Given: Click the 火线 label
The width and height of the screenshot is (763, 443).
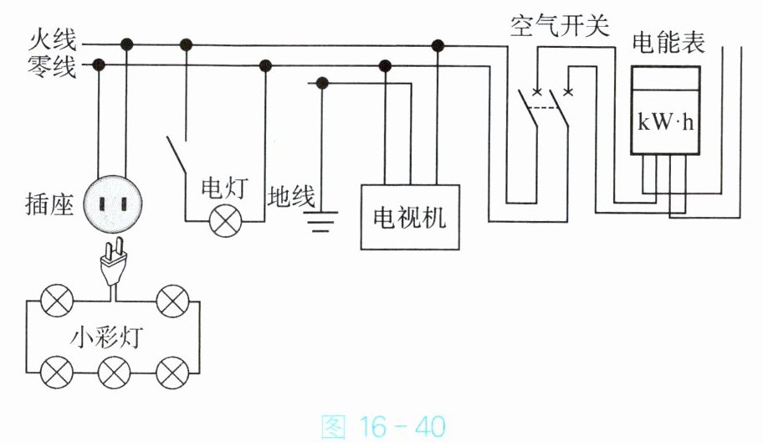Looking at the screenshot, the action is point(53,40).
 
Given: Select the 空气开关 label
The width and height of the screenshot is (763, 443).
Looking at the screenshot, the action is point(560,25).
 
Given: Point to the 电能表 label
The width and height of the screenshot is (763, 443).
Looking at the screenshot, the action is point(668,43).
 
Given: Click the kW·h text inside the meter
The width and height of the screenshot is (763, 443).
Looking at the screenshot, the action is point(665,122).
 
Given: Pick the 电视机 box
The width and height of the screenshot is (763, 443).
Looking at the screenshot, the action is point(410,217).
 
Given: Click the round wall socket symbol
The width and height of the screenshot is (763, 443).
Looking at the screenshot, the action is point(113,204).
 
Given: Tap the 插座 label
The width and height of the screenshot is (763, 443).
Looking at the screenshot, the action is point(49,204).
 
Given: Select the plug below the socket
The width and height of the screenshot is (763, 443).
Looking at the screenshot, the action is point(114,261).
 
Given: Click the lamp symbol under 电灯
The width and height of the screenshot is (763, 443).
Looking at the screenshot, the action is point(225,221).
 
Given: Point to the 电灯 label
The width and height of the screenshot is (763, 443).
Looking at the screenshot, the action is point(225,188).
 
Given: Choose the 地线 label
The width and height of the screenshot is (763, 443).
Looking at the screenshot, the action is point(291,197).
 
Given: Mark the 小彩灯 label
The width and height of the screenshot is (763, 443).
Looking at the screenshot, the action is point(107,337).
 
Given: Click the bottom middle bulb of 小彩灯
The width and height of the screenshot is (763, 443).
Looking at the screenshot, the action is point(115,373).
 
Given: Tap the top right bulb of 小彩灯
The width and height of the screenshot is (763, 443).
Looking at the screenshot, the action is point(172,301).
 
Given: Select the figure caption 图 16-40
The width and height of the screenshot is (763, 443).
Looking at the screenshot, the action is point(383,426).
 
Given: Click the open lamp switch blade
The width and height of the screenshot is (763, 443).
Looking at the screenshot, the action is point(177,154).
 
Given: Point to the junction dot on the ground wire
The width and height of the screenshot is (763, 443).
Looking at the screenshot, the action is point(321,83).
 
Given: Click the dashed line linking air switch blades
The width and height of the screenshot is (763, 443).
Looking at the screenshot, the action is point(543,107).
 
